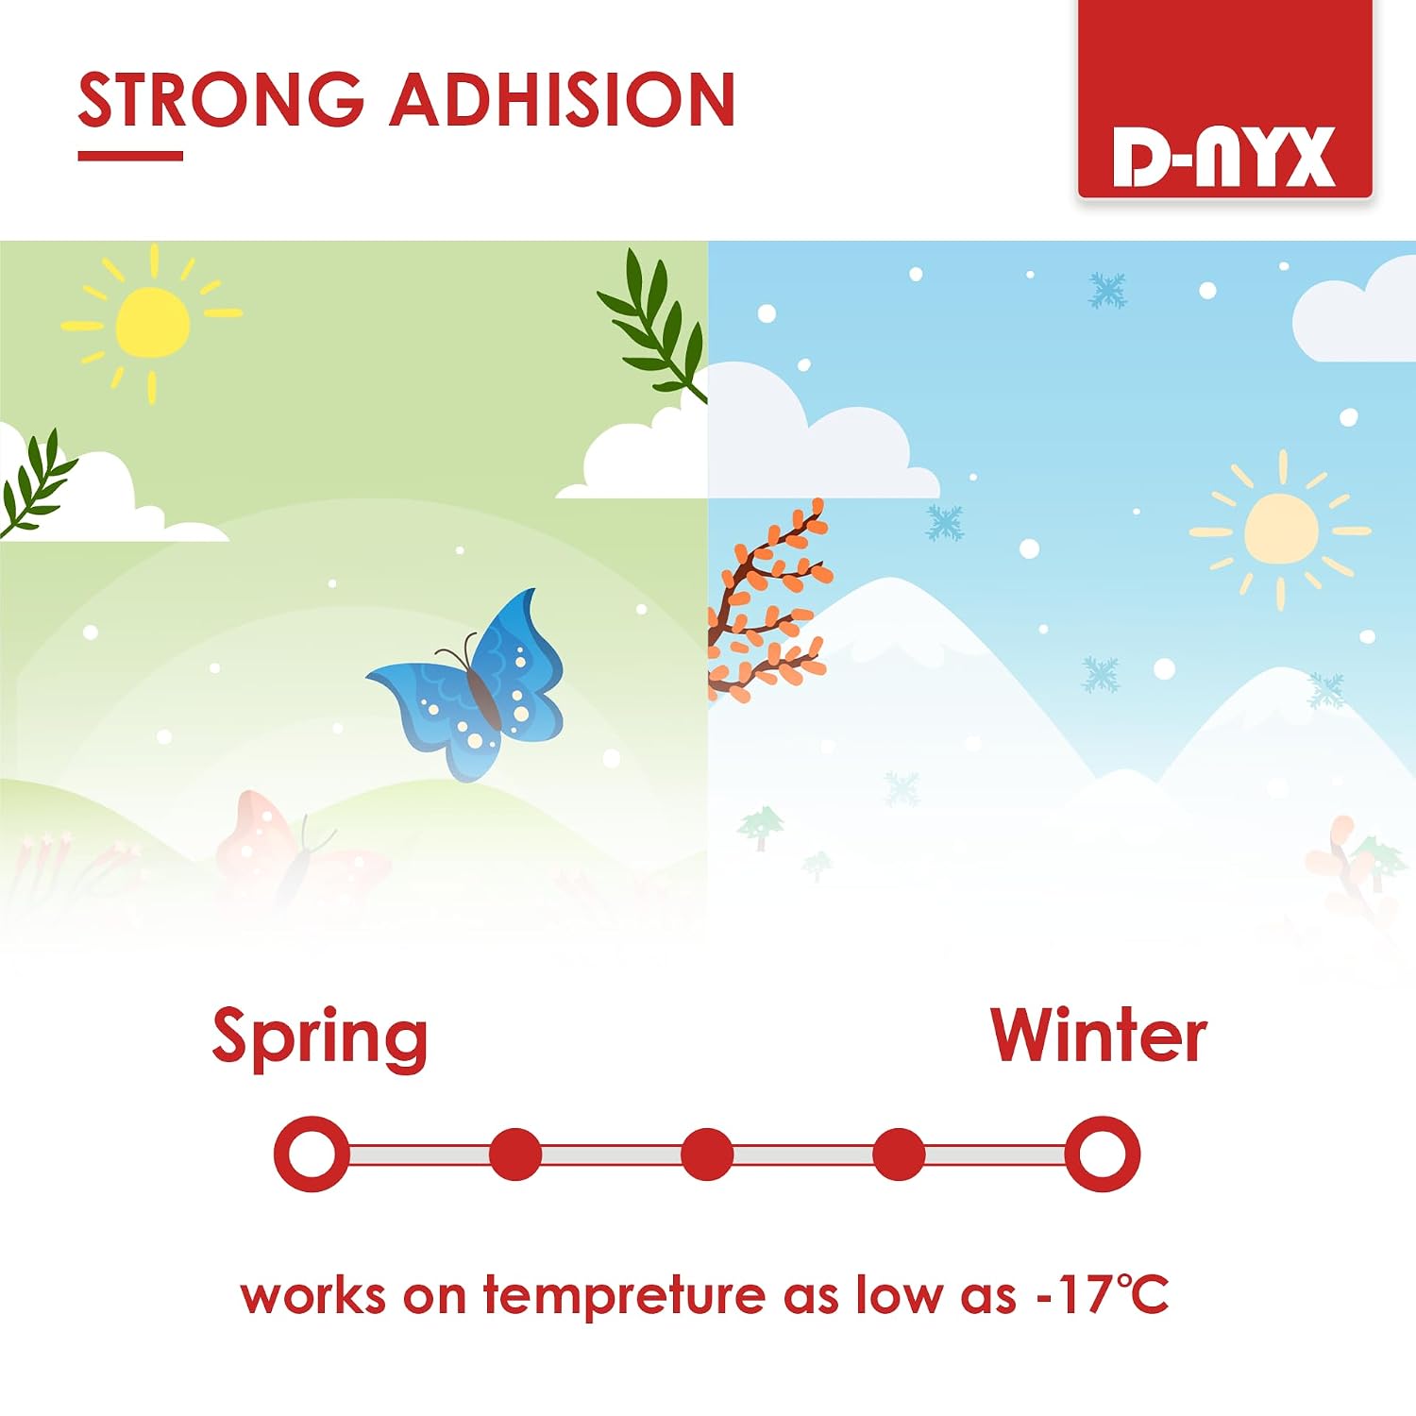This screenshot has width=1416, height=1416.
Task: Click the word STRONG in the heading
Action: point(221,99)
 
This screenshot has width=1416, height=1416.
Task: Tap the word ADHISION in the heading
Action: point(563,99)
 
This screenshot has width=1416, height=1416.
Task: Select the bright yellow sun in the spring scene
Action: point(152,323)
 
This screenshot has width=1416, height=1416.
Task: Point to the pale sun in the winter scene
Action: point(1281,529)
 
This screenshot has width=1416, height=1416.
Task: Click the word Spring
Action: point(320,1037)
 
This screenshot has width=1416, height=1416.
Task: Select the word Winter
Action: point(1099,1036)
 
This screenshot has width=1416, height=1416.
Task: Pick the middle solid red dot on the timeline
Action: point(707,1154)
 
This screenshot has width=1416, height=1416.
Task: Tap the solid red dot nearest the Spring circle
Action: point(515,1154)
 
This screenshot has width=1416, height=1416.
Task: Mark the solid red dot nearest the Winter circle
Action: point(899,1154)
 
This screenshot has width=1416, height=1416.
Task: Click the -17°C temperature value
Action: point(1103,1294)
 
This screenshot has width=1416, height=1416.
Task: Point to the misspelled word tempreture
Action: point(624,1296)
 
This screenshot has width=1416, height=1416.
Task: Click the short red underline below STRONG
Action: point(130,156)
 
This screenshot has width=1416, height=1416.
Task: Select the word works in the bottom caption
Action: point(312,1295)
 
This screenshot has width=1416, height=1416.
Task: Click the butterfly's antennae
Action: point(455,649)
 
